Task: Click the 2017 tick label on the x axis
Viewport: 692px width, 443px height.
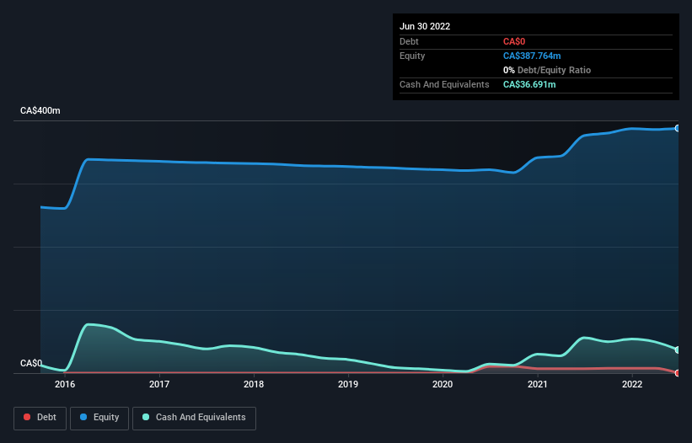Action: coord(159,385)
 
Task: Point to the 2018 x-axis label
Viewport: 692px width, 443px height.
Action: coord(254,385)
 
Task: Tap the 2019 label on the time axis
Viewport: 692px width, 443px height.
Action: coord(348,385)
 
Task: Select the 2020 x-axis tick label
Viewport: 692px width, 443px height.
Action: coord(443,385)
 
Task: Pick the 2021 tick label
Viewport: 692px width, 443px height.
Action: coord(538,385)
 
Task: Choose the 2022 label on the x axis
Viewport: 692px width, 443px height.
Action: coord(633,385)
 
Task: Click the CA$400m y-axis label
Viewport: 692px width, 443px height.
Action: coord(40,111)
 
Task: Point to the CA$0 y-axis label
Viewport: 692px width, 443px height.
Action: coord(31,364)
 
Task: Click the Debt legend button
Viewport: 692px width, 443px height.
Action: coord(40,417)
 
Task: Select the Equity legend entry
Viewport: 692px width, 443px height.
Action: coord(99,417)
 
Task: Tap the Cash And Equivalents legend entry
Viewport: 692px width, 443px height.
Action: coord(194,417)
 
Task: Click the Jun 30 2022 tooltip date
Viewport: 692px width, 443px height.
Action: coord(425,26)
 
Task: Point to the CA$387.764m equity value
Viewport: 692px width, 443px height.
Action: coord(532,56)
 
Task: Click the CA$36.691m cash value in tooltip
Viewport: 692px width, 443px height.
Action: coord(529,84)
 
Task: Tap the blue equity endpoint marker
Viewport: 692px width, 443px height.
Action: coord(677,128)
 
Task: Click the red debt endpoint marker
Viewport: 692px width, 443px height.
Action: coord(677,372)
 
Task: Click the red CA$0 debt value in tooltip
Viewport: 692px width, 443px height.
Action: coord(514,41)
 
